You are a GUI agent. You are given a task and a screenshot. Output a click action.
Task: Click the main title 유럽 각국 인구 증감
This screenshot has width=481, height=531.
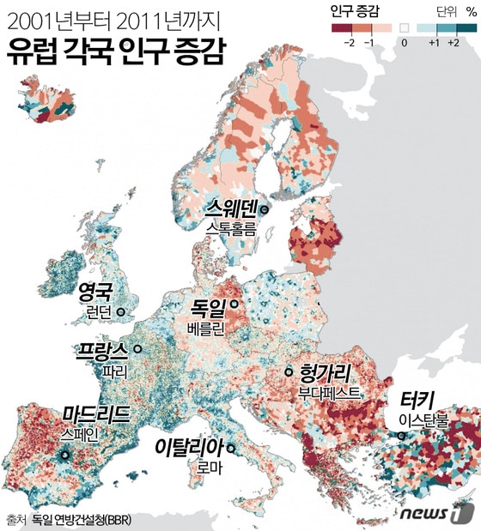(x=115, y=55)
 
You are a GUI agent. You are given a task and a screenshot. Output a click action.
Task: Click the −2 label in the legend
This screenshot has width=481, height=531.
(x=349, y=42)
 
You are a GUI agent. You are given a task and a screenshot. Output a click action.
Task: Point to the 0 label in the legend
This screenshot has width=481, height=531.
(x=404, y=42)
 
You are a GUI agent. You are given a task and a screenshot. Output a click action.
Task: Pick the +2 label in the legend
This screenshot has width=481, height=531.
(x=454, y=42)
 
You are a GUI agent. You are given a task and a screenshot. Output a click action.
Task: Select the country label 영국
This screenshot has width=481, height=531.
(x=95, y=292)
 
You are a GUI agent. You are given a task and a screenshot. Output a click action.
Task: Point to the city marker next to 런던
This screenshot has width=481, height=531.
(x=121, y=312)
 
